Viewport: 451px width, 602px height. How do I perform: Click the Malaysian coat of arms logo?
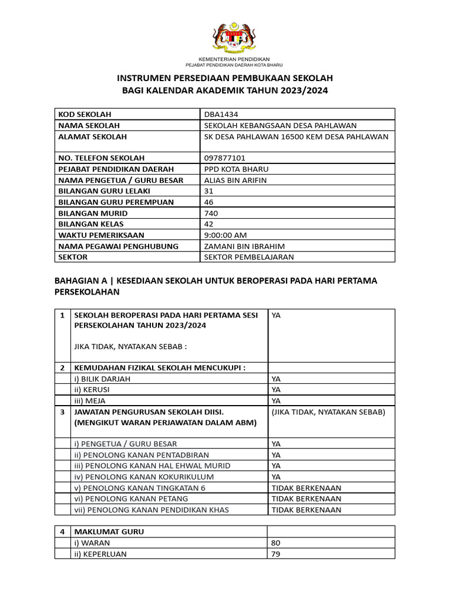[233, 37]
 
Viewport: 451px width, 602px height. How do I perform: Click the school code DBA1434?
[221, 114]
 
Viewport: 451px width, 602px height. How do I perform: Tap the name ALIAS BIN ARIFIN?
[235, 180]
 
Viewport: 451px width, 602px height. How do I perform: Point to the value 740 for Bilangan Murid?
[210, 213]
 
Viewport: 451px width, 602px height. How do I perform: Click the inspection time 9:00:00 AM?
[225, 235]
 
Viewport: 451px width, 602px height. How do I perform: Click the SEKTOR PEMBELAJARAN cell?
[248, 257]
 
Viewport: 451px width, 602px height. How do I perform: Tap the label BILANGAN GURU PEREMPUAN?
[116, 202]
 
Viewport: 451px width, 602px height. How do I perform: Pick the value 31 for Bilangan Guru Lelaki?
[208, 191]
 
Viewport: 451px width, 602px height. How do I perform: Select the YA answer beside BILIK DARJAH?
[276, 379]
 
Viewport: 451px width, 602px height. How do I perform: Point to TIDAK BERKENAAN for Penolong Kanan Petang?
[306, 499]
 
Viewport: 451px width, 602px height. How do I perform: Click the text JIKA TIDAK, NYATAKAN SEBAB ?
[130, 346]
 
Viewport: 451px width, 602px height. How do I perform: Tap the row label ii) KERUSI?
[92, 390]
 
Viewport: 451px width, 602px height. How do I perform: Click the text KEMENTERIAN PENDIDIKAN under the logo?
[234, 59]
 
